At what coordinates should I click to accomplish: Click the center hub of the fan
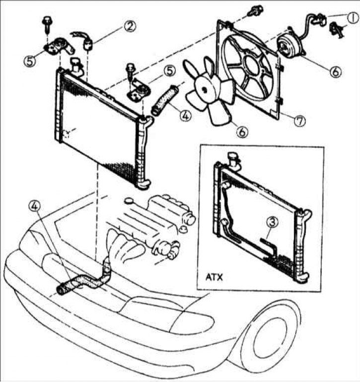click(204, 87)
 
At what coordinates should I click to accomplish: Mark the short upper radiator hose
click(164, 100)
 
